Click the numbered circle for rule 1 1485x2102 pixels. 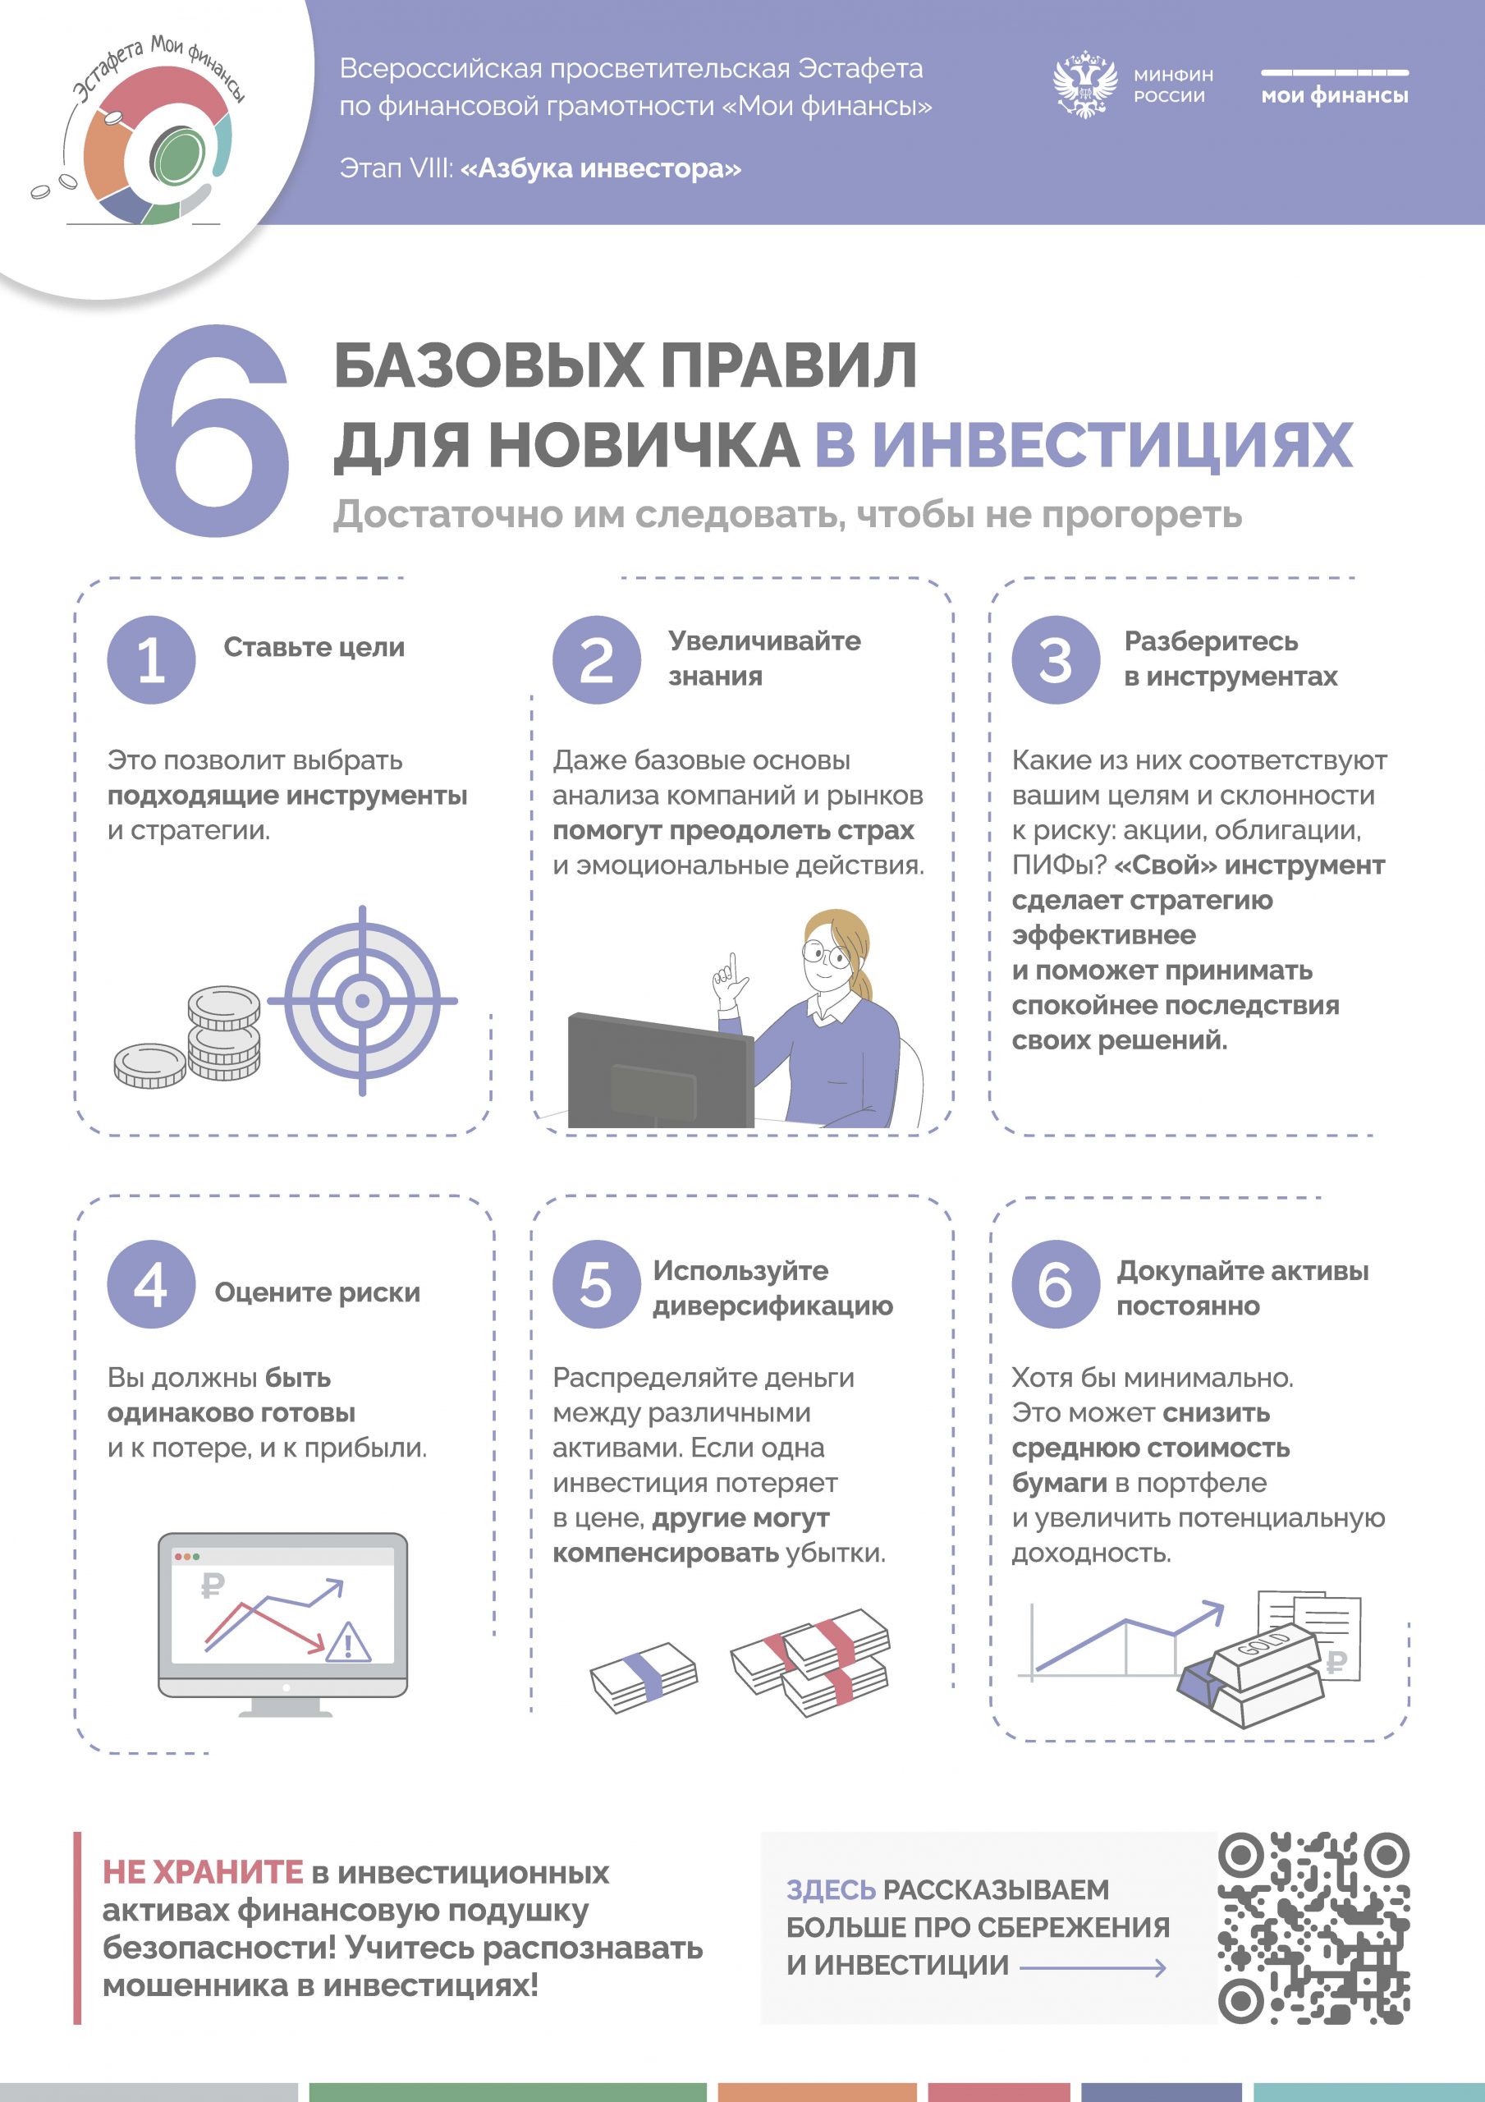click(x=151, y=659)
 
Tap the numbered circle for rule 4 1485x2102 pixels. click(x=151, y=1284)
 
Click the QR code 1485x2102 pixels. click(x=1313, y=1926)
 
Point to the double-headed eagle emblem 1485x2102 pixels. click(x=1085, y=85)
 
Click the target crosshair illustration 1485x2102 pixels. click(x=363, y=1001)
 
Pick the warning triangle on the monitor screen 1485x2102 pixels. click(x=349, y=1642)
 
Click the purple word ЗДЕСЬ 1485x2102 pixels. click(x=832, y=1889)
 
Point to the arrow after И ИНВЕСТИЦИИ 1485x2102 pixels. click(x=1093, y=1967)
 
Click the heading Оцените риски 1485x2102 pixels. click(x=318, y=1292)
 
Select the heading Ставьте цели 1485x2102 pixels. click(x=314, y=646)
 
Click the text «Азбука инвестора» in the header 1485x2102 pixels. click(x=601, y=168)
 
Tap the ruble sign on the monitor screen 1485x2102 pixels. click(x=213, y=1584)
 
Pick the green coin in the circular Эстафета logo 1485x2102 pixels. click(x=177, y=156)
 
